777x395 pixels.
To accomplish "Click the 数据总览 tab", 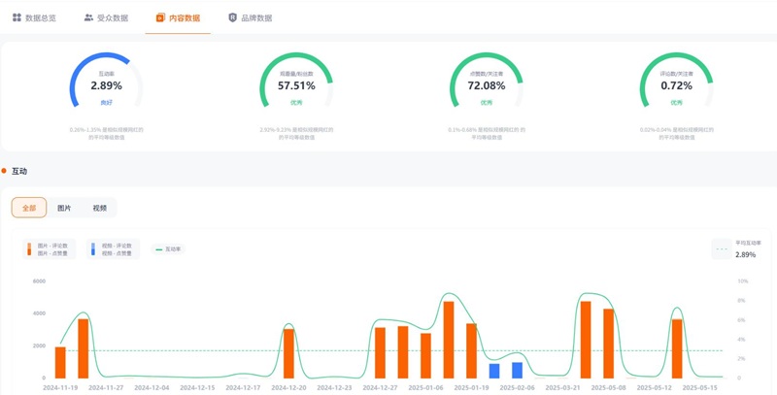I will (x=34, y=17).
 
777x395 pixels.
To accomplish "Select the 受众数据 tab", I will (x=106, y=17).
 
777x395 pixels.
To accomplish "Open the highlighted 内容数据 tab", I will (x=178, y=17).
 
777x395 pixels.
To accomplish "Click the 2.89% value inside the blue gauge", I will (x=106, y=85).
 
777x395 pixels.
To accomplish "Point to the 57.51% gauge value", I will (x=296, y=85).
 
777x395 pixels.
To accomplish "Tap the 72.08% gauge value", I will (x=487, y=85).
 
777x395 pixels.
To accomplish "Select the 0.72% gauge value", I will (x=676, y=85).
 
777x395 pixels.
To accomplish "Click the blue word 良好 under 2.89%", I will (x=106, y=101).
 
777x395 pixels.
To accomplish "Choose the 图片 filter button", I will (x=64, y=208).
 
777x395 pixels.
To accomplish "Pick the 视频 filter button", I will (x=99, y=208).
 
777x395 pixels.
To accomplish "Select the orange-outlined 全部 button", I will (x=29, y=208).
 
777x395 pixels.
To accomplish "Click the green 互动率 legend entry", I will (x=170, y=249).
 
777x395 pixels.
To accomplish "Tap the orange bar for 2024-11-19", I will (x=60, y=362).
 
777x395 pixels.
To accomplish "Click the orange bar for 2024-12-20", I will (x=288, y=353).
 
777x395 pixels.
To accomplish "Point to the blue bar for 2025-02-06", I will (x=517, y=370).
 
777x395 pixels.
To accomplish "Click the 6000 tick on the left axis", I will (x=39, y=281).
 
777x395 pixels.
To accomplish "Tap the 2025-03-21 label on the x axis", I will (x=562, y=387).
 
